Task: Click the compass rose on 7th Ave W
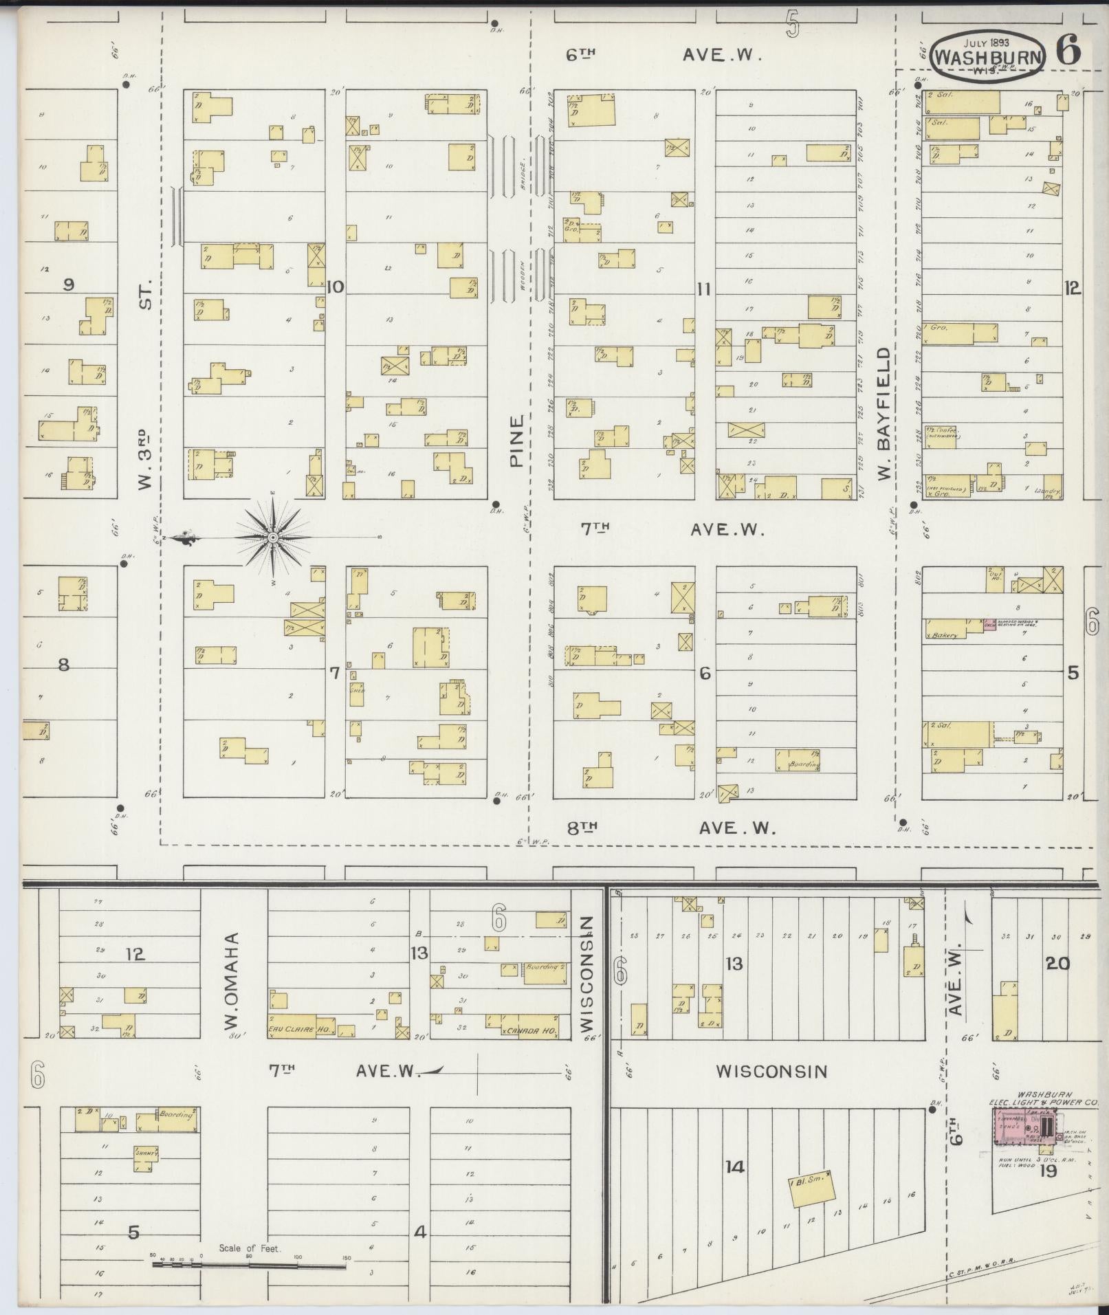click(x=273, y=536)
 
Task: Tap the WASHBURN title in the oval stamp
click(x=987, y=58)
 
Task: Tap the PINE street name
click(x=516, y=440)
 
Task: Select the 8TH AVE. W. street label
click(x=670, y=828)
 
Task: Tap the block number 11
click(x=702, y=289)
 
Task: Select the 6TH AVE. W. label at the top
click(x=663, y=56)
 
